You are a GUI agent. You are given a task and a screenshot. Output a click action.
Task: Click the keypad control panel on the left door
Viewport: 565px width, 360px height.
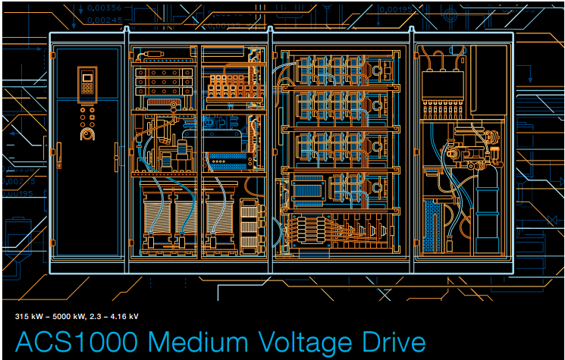click(x=87, y=84)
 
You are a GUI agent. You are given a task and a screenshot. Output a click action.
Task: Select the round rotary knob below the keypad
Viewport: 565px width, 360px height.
click(x=86, y=134)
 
